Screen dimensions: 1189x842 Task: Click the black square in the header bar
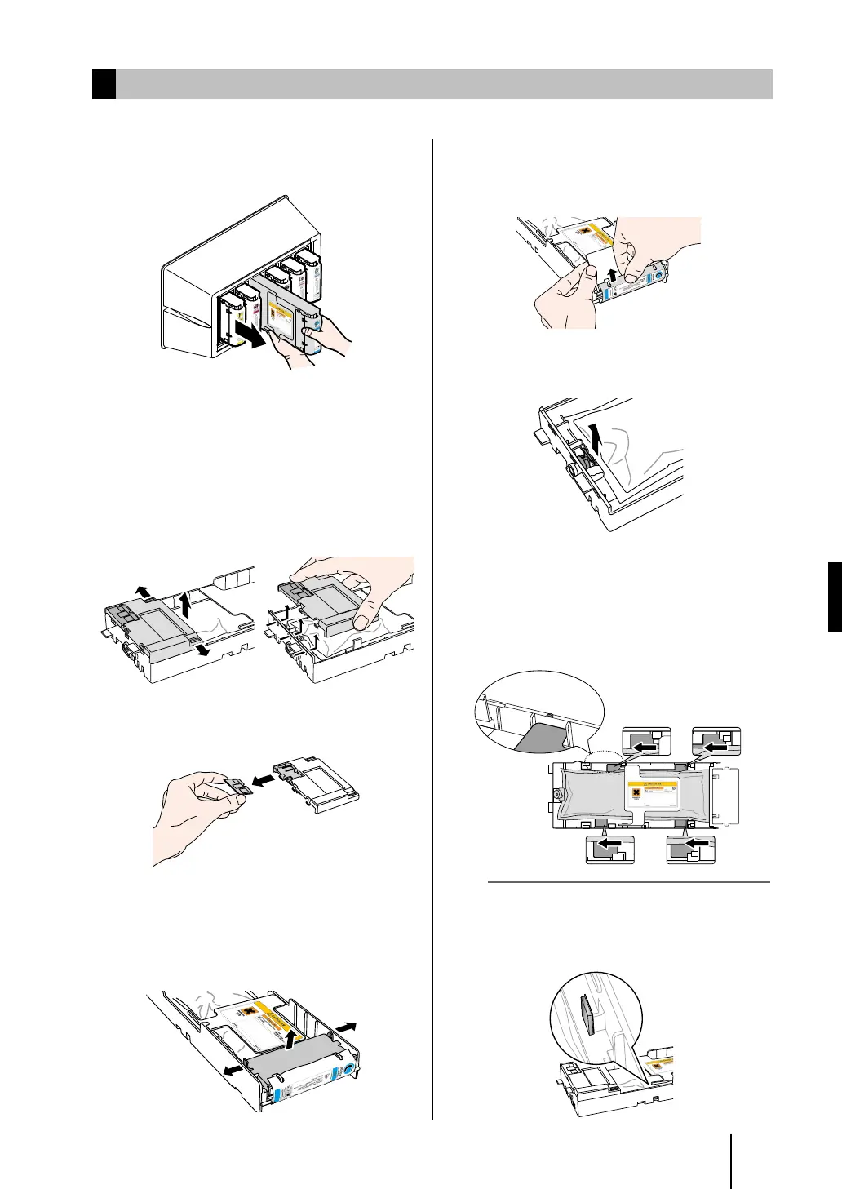104,84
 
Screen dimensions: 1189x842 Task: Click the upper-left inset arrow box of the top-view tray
646,743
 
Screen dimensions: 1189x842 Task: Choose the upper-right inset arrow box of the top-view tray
716,743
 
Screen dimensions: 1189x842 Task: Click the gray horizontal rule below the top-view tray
628,881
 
